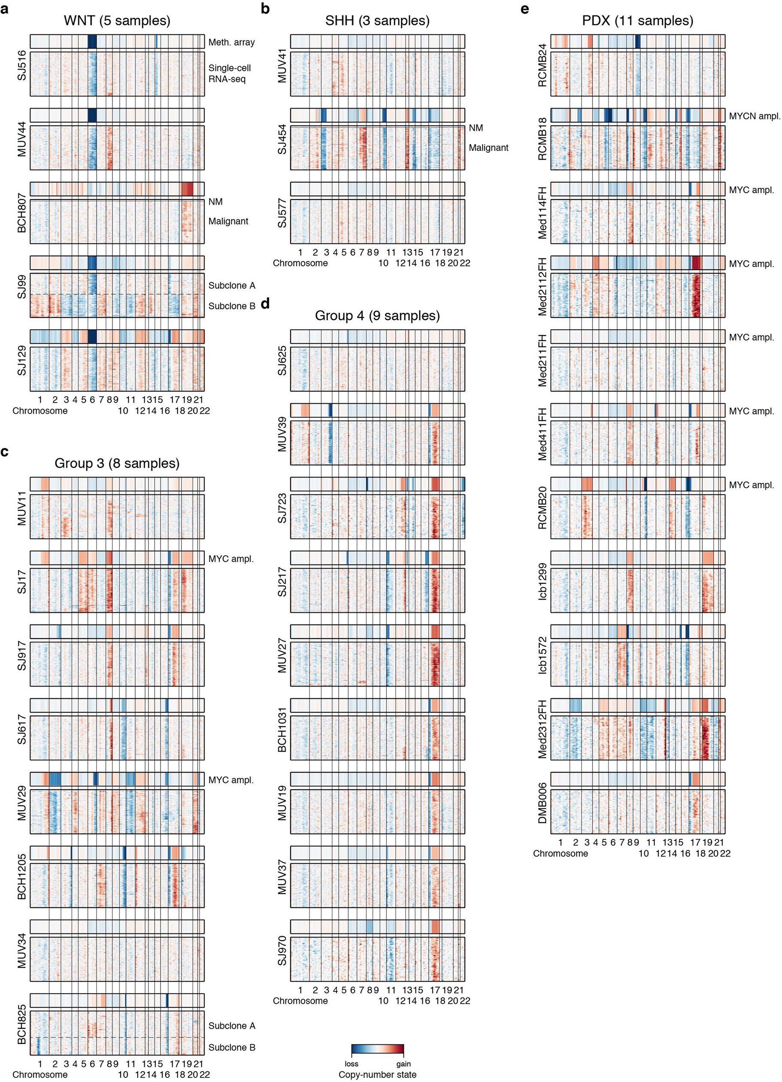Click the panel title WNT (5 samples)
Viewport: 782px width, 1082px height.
(117, 21)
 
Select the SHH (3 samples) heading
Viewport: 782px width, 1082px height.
(377, 21)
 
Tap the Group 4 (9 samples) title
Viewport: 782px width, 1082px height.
(377, 316)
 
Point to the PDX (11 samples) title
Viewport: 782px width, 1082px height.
(637, 21)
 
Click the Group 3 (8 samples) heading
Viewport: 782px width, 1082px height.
(117, 463)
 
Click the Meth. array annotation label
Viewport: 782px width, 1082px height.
(231, 42)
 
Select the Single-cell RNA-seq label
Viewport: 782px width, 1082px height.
(230, 73)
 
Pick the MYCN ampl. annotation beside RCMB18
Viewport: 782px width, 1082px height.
(755, 116)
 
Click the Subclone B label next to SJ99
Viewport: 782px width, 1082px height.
(231, 306)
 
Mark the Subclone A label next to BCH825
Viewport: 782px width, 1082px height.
(231, 1026)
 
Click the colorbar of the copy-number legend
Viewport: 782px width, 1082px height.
(377, 1049)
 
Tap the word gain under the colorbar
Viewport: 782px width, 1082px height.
(403, 1064)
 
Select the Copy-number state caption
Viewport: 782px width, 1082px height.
(377, 1074)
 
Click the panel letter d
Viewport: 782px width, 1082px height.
(265, 303)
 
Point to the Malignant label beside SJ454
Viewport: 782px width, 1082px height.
(488, 148)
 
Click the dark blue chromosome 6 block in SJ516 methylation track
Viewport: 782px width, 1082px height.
(92, 42)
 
